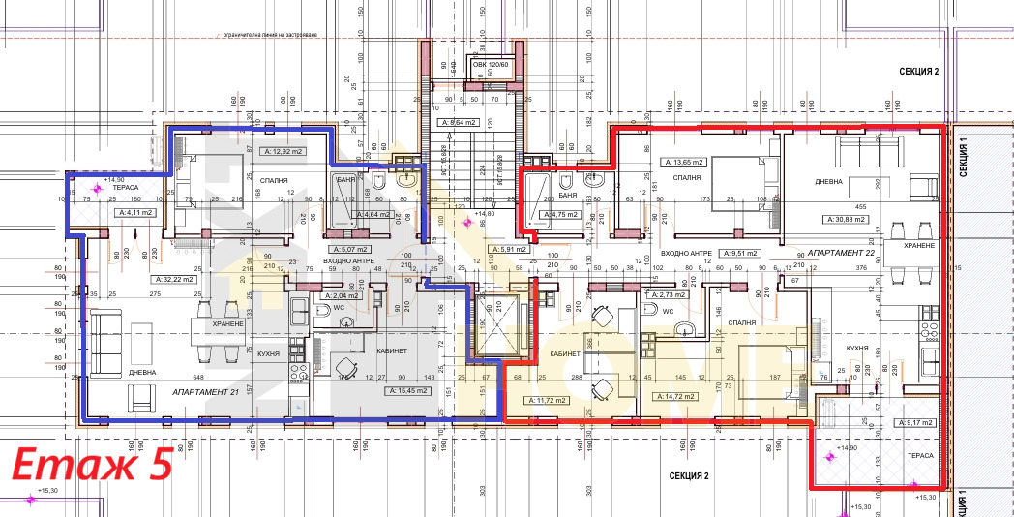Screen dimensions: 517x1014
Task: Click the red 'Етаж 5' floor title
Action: tap(92, 465)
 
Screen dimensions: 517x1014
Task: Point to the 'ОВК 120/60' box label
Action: tap(492, 65)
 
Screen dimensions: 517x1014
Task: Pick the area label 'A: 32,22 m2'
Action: tap(174, 279)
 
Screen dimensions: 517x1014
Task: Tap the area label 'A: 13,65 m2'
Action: tap(683, 162)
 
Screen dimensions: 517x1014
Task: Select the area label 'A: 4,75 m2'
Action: tap(562, 215)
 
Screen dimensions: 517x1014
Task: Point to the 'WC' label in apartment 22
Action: tap(667, 311)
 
